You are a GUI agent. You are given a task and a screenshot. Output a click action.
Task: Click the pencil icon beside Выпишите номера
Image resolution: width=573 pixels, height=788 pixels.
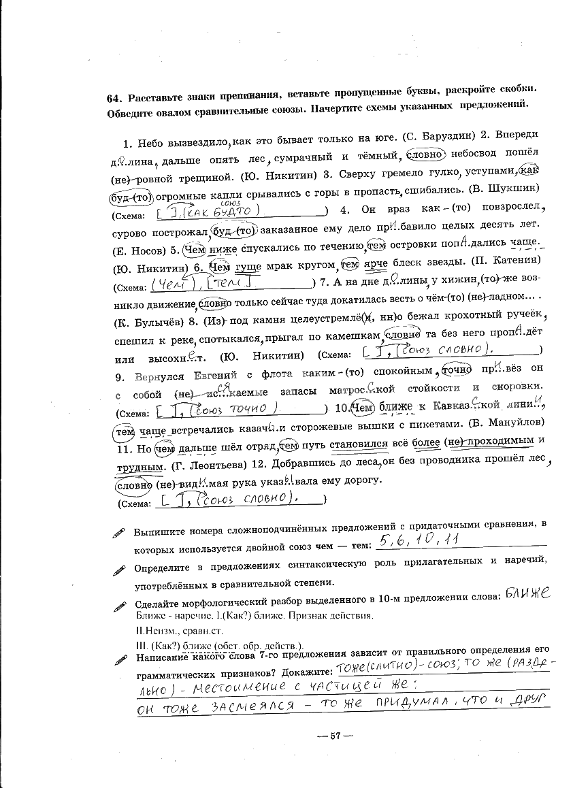(x=120, y=534)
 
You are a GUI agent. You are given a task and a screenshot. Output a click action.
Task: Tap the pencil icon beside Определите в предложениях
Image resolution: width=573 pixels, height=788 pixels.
(x=120, y=570)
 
